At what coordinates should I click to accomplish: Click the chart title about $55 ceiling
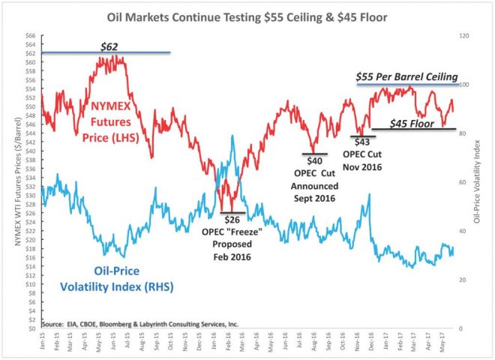(247, 16)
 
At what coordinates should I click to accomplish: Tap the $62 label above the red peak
(111, 46)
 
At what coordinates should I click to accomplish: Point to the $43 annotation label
(361, 141)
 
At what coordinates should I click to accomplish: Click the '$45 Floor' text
(412, 122)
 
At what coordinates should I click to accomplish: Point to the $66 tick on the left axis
(31, 35)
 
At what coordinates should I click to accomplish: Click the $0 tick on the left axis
(33, 328)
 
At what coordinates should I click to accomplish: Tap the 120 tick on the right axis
(464, 35)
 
